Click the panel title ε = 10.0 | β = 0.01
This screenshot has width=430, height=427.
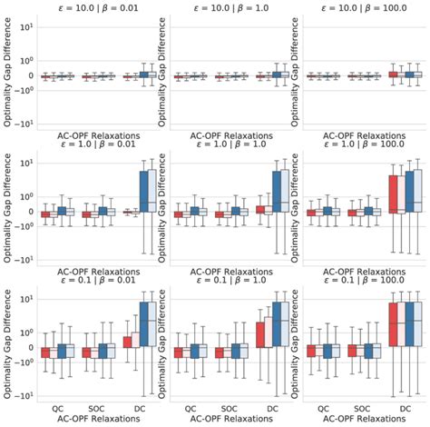point(95,6)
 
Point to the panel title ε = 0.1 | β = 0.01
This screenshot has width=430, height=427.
point(95,283)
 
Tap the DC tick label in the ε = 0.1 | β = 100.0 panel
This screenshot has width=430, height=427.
point(402,409)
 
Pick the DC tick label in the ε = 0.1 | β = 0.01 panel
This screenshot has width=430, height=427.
point(136,409)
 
